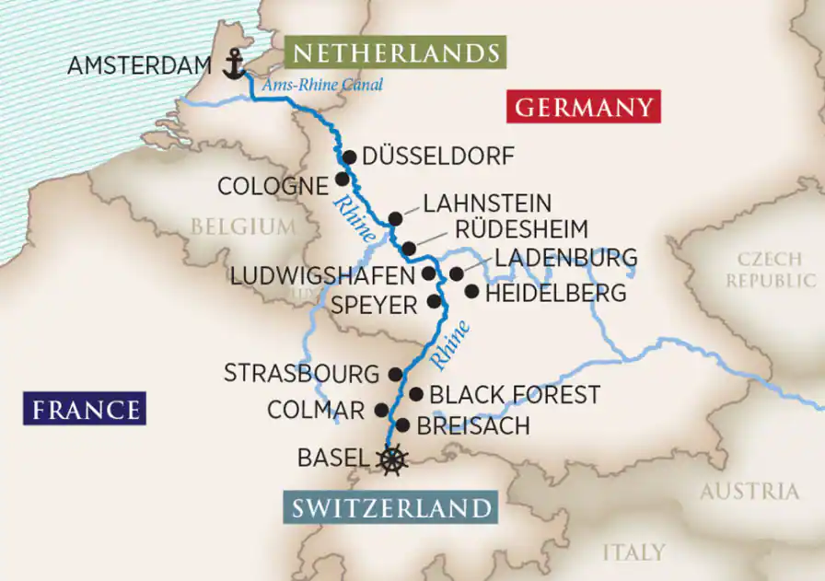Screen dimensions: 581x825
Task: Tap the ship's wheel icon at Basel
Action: [393, 458]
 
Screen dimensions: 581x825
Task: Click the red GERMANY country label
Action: [583, 107]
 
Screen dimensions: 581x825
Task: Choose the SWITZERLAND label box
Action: [391, 507]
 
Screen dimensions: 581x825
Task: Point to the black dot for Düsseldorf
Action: [349, 157]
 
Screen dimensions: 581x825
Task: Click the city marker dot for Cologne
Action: [342, 179]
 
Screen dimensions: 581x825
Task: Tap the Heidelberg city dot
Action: [471, 292]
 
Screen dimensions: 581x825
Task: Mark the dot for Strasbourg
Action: [396, 374]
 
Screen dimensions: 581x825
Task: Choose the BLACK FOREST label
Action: [516, 395]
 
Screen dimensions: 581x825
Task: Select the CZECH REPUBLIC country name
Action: [769, 270]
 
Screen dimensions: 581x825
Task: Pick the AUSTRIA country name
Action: [749, 492]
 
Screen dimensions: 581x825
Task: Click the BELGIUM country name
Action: [243, 227]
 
